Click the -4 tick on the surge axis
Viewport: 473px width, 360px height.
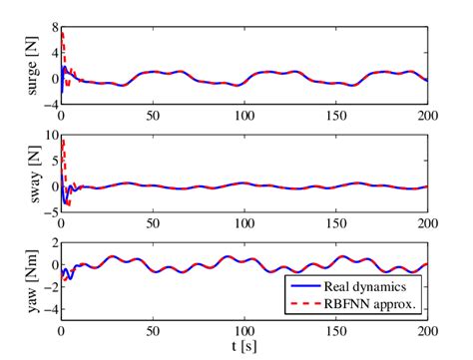(x=47, y=104)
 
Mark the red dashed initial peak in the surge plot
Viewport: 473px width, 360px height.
(x=63, y=34)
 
